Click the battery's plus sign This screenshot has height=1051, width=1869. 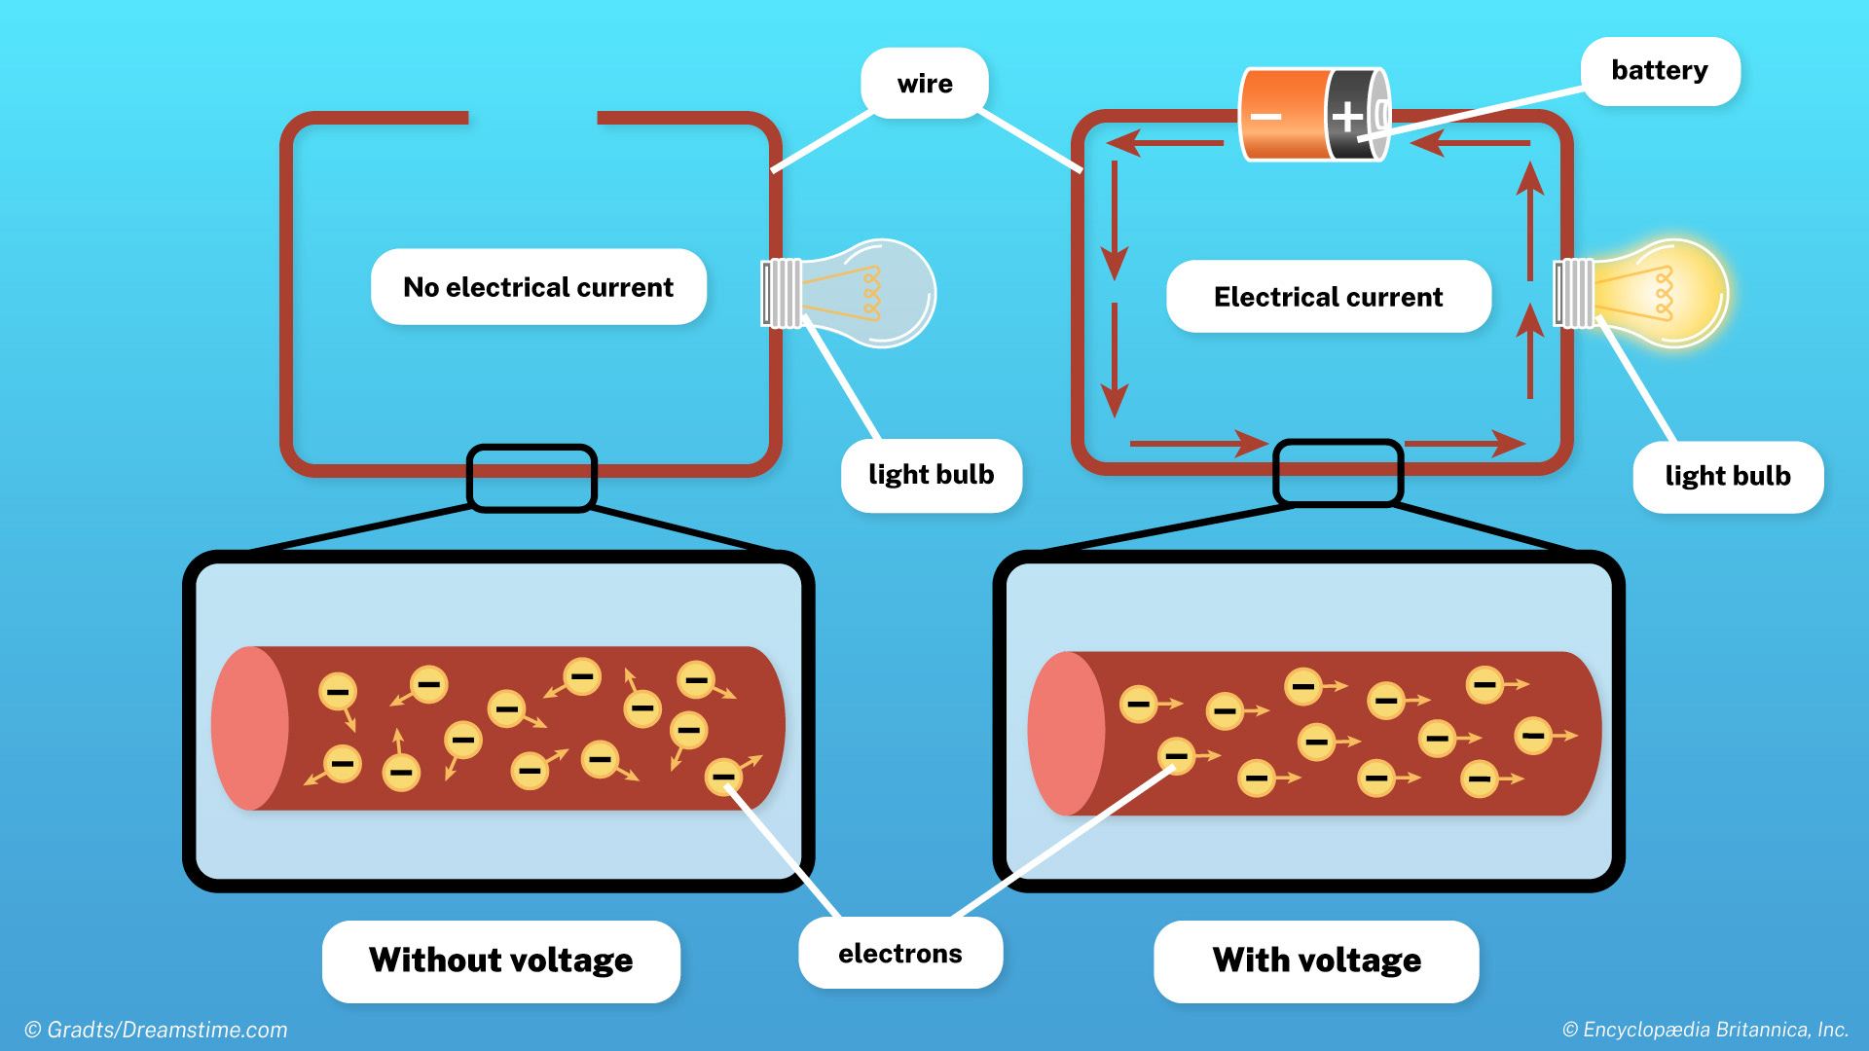pos(1347,117)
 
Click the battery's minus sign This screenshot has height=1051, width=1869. pos(1265,117)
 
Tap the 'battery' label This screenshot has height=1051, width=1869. pos(1660,71)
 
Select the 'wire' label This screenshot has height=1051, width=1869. pos(925,84)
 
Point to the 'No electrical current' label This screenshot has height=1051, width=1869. pos(538,287)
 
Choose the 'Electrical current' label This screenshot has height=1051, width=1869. pos(1328,297)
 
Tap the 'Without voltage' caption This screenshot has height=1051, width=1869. pos(500,960)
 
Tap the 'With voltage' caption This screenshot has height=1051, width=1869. pos(1316,960)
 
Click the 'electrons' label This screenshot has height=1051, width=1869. pos(900,954)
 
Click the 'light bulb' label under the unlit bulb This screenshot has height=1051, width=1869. pos(932,475)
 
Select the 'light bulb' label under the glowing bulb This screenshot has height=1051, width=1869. pos(1728,477)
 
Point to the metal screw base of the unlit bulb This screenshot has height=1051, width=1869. pos(782,293)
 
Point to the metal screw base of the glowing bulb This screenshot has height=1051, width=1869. pos(1574,293)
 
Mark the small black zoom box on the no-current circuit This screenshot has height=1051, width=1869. pos(531,478)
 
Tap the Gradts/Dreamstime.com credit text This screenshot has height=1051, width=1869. pos(156,1030)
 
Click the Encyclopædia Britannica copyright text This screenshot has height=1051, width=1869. pos(1705,1030)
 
